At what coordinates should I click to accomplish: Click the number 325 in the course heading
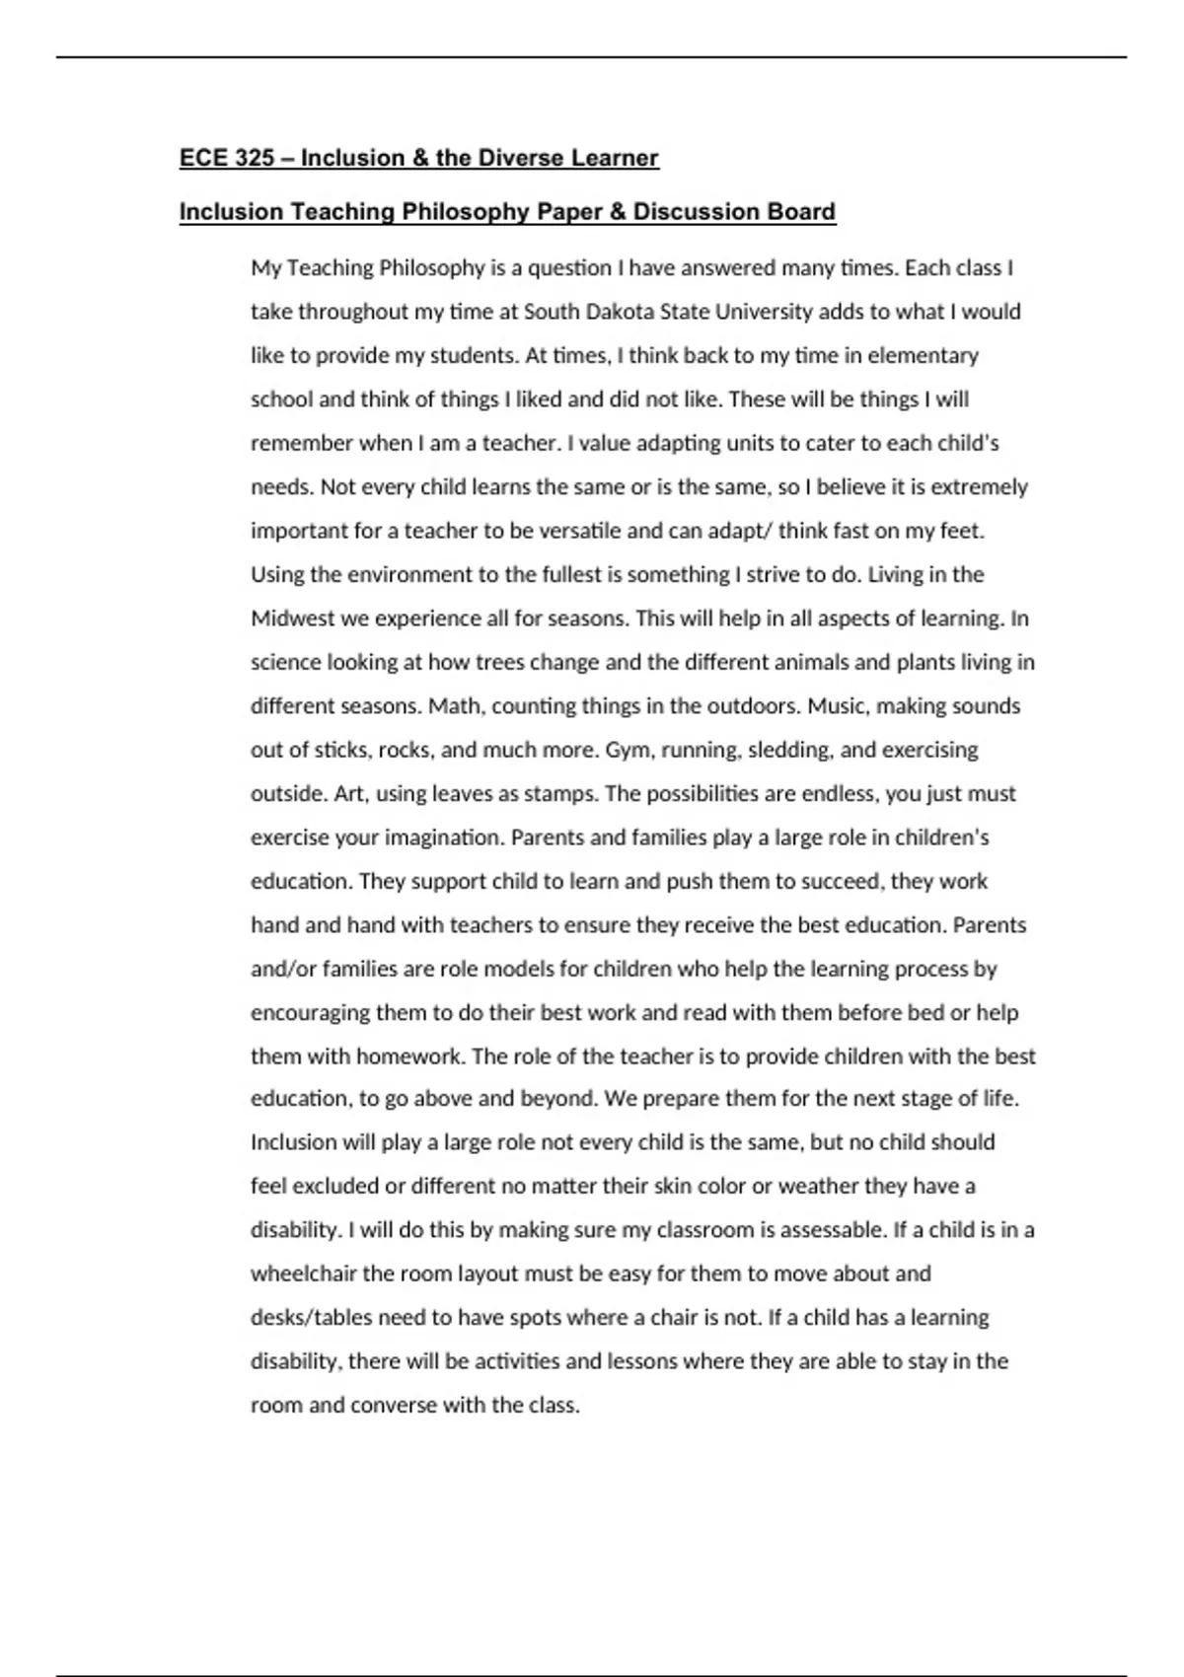point(255,158)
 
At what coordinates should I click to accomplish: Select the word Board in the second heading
point(803,212)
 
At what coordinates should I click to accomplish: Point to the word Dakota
point(618,312)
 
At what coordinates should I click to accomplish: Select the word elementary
point(923,355)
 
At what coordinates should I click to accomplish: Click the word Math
point(457,706)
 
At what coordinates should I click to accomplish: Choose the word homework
point(408,1057)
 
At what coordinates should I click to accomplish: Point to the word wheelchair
point(303,1274)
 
